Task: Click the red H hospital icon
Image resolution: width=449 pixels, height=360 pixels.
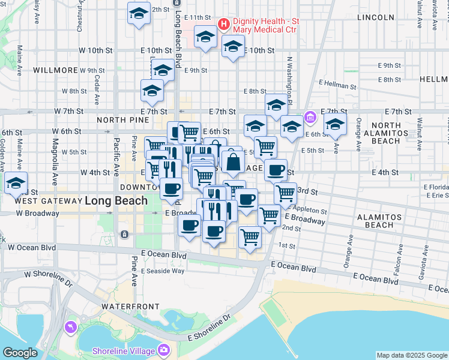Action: click(224, 25)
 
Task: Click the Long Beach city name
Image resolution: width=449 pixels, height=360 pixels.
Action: click(116, 200)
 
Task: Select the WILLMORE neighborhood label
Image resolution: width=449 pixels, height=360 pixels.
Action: click(56, 70)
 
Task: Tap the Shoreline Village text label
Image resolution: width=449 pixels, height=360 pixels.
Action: click(124, 351)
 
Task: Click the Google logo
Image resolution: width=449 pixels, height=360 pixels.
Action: click(20, 353)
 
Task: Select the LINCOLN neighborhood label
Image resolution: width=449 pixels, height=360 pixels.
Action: click(375, 17)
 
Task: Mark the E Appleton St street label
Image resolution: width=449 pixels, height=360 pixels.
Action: click(309, 211)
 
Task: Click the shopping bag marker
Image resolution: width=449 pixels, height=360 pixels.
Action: click(232, 161)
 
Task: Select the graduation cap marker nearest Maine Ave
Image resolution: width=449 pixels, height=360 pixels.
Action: click(16, 183)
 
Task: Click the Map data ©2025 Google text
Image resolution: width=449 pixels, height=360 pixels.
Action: click(411, 355)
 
